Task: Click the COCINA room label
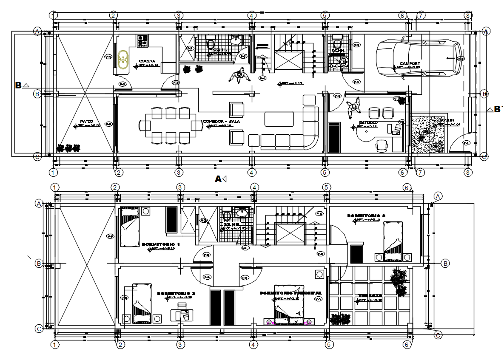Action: (x=147, y=61)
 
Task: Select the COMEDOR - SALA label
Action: (x=221, y=121)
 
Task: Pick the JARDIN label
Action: (x=441, y=120)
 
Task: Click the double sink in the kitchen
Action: (x=123, y=60)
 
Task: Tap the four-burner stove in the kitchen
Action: (x=142, y=41)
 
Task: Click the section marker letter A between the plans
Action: (x=218, y=179)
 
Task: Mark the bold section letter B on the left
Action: (x=18, y=85)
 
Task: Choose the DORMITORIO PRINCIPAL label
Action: (x=290, y=293)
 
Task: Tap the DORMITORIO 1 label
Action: (x=161, y=244)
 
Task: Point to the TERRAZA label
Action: (x=370, y=295)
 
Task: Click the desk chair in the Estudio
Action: (x=382, y=145)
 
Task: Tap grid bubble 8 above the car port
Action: (x=467, y=16)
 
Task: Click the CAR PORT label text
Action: (x=409, y=64)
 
